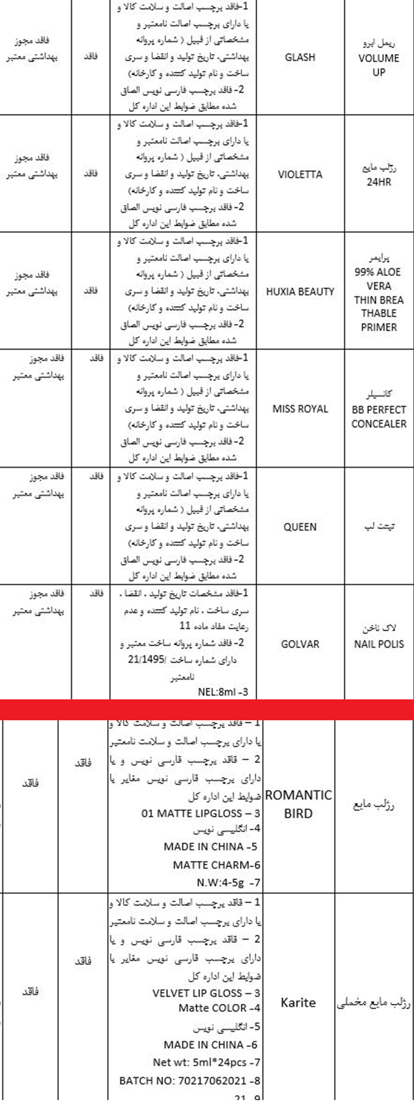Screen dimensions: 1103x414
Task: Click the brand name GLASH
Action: (300, 57)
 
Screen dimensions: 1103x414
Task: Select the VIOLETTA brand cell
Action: (300, 175)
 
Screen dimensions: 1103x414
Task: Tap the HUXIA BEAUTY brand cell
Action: (300, 292)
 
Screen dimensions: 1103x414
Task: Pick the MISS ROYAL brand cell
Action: (300, 409)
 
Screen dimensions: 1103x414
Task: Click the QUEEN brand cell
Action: (300, 527)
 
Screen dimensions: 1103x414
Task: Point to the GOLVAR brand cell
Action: (300, 644)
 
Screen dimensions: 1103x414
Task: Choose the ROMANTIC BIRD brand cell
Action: (298, 804)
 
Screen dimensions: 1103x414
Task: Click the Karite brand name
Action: (298, 1002)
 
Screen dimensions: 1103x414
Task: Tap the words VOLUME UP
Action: (378, 65)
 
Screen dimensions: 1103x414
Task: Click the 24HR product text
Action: (378, 182)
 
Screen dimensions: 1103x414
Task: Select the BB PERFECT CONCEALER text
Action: (378, 416)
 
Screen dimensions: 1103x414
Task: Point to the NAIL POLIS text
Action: (378, 644)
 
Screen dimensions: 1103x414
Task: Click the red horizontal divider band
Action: (207, 710)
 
